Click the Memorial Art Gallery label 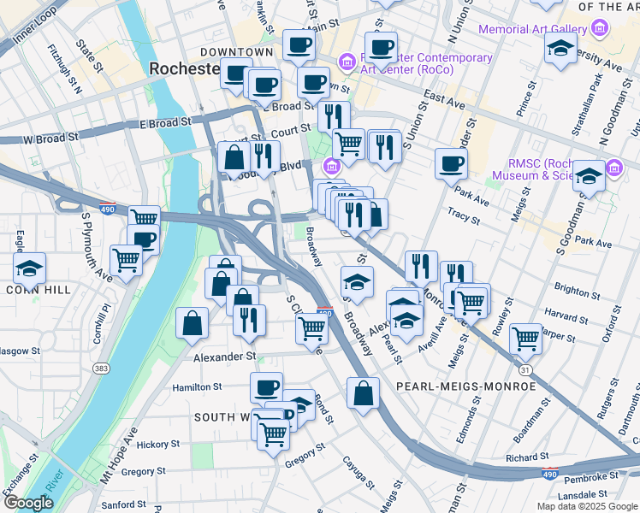pyautogui.click(x=532, y=29)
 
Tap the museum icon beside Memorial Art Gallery pyautogui.click(x=600, y=29)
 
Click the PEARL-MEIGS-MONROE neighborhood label pyautogui.click(x=465, y=386)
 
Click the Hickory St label pyautogui.click(x=157, y=444)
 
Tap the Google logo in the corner pyautogui.click(x=27, y=503)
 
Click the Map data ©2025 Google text pyautogui.click(x=587, y=506)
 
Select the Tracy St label pyautogui.click(x=464, y=218)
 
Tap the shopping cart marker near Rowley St pyautogui.click(x=525, y=338)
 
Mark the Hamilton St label pyautogui.click(x=197, y=387)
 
